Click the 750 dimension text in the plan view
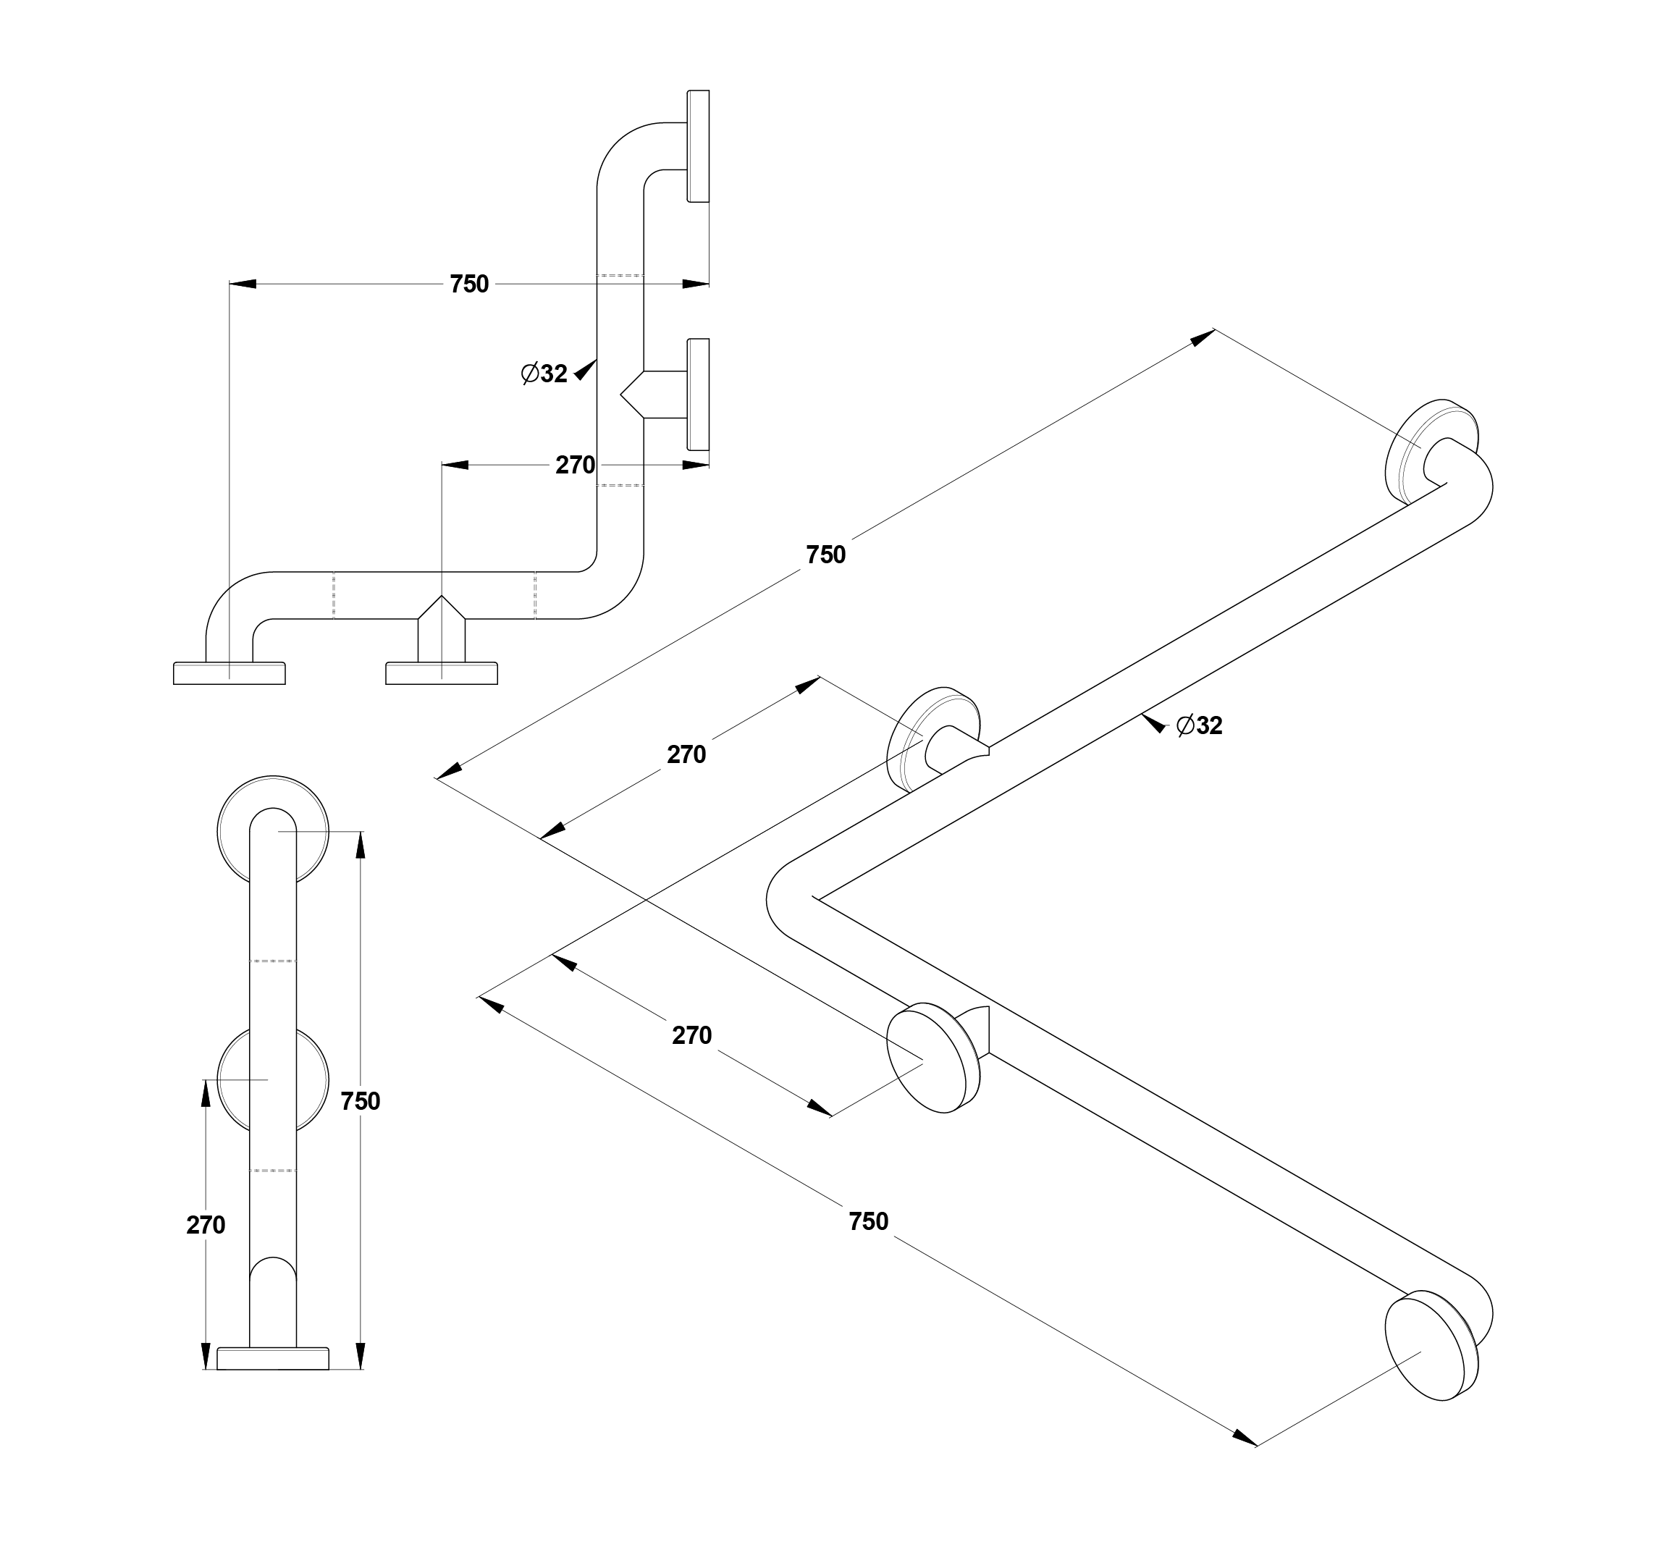469,285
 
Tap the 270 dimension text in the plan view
575,465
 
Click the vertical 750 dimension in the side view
361,1101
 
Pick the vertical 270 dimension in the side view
206,1225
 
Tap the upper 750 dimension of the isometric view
826,555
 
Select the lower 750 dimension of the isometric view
869,1221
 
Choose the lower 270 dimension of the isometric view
691,1035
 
